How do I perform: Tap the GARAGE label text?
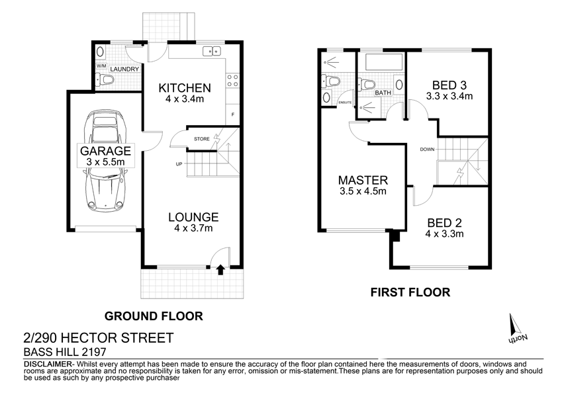pos(106,150)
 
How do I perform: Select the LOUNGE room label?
pos(193,217)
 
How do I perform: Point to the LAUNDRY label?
pos(124,69)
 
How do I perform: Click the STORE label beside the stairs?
pos(202,138)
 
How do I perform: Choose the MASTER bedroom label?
pos(362,180)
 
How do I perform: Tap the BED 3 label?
pos(449,85)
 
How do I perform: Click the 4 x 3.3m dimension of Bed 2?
pos(444,234)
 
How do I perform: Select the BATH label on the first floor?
pos(383,93)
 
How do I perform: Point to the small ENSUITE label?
pos(345,103)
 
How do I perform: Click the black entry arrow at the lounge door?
pos(220,269)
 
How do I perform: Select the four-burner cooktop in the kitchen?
pos(233,80)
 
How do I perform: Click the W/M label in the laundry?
pos(101,66)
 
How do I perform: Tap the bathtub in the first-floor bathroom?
pos(380,64)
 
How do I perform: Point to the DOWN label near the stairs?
pos(426,150)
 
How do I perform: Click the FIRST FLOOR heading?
pos(410,291)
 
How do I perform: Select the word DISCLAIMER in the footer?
pos(47,365)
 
